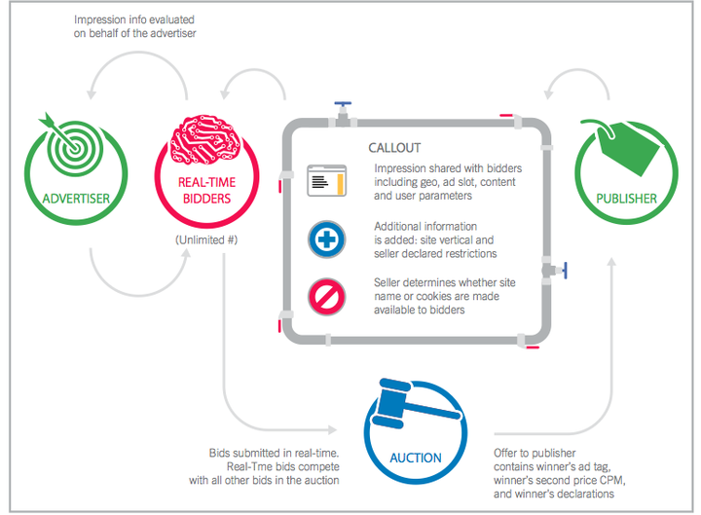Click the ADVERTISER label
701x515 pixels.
click(x=76, y=199)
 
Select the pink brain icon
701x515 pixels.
click(x=205, y=138)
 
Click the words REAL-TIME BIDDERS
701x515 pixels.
click(x=206, y=191)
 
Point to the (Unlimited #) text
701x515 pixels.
click(x=206, y=240)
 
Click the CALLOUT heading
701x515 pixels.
click(x=394, y=148)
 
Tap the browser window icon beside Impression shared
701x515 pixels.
click(x=327, y=181)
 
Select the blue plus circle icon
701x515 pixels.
click(x=326, y=239)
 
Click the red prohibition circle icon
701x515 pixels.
click(x=326, y=297)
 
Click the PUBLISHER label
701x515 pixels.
click(x=626, y=199)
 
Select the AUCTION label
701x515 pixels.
click(x=416, y=458)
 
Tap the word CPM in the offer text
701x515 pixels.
click(x=610, y=480)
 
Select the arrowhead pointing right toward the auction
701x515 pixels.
click(x=333, y=430)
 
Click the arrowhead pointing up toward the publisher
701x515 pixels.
click(x=611, y=262)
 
